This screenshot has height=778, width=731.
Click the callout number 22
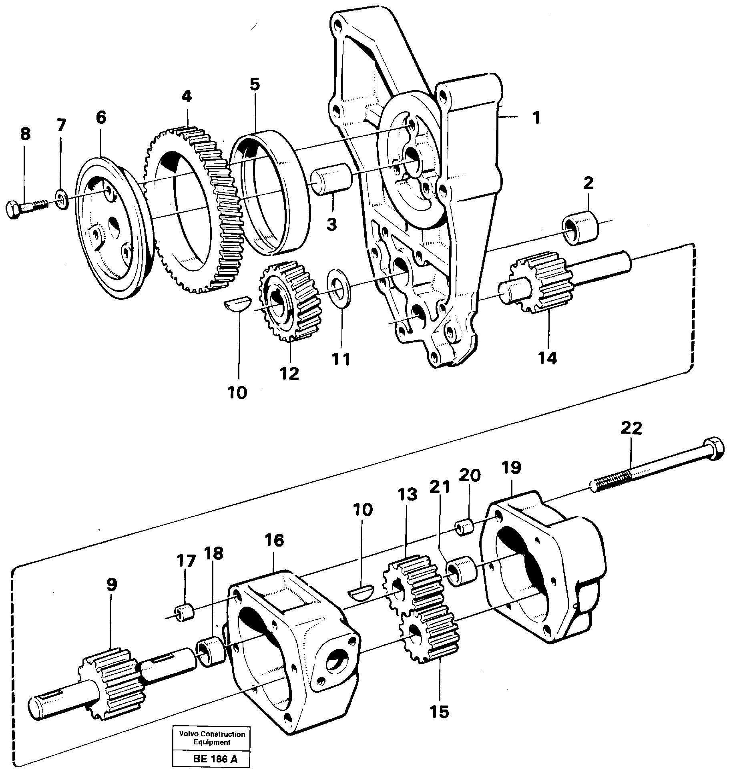pos(631,428)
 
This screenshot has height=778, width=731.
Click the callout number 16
pos(274,540)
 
